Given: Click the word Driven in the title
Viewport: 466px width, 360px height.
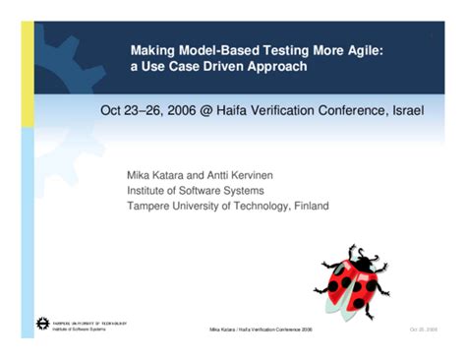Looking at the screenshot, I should tap(226, 66).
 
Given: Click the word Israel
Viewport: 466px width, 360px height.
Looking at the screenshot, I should tap(405, 109).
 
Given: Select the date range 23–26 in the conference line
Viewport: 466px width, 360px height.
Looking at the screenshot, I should tap(140, 109).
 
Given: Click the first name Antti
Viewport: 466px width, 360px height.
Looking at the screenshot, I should tap(226, 174).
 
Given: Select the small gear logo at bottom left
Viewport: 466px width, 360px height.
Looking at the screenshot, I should tap(42, 324).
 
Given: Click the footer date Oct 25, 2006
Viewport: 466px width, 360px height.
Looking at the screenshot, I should tap(424, 329).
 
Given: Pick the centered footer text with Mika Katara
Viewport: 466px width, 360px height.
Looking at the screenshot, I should tap(261, 329).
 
